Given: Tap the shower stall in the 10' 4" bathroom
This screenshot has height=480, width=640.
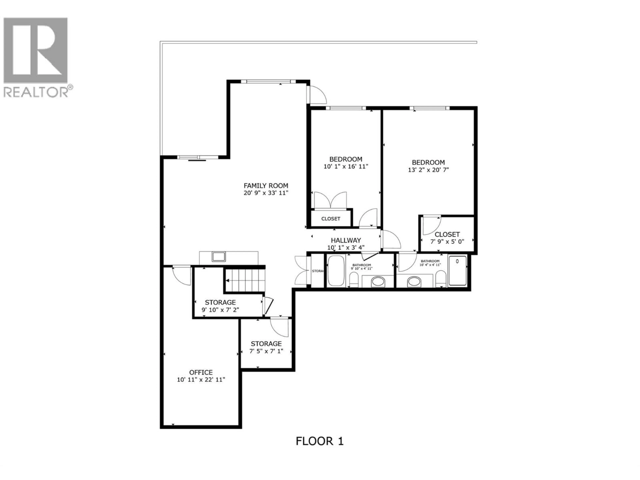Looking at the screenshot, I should coord(457,270).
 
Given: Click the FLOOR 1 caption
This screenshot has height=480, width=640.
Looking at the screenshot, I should coord(319,441).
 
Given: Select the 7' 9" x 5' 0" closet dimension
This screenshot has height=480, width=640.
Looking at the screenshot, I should coord(447,241).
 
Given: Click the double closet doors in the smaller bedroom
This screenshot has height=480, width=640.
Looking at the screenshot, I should coord(330,200).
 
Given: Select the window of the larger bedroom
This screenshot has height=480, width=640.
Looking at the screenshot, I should coord(429,108).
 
